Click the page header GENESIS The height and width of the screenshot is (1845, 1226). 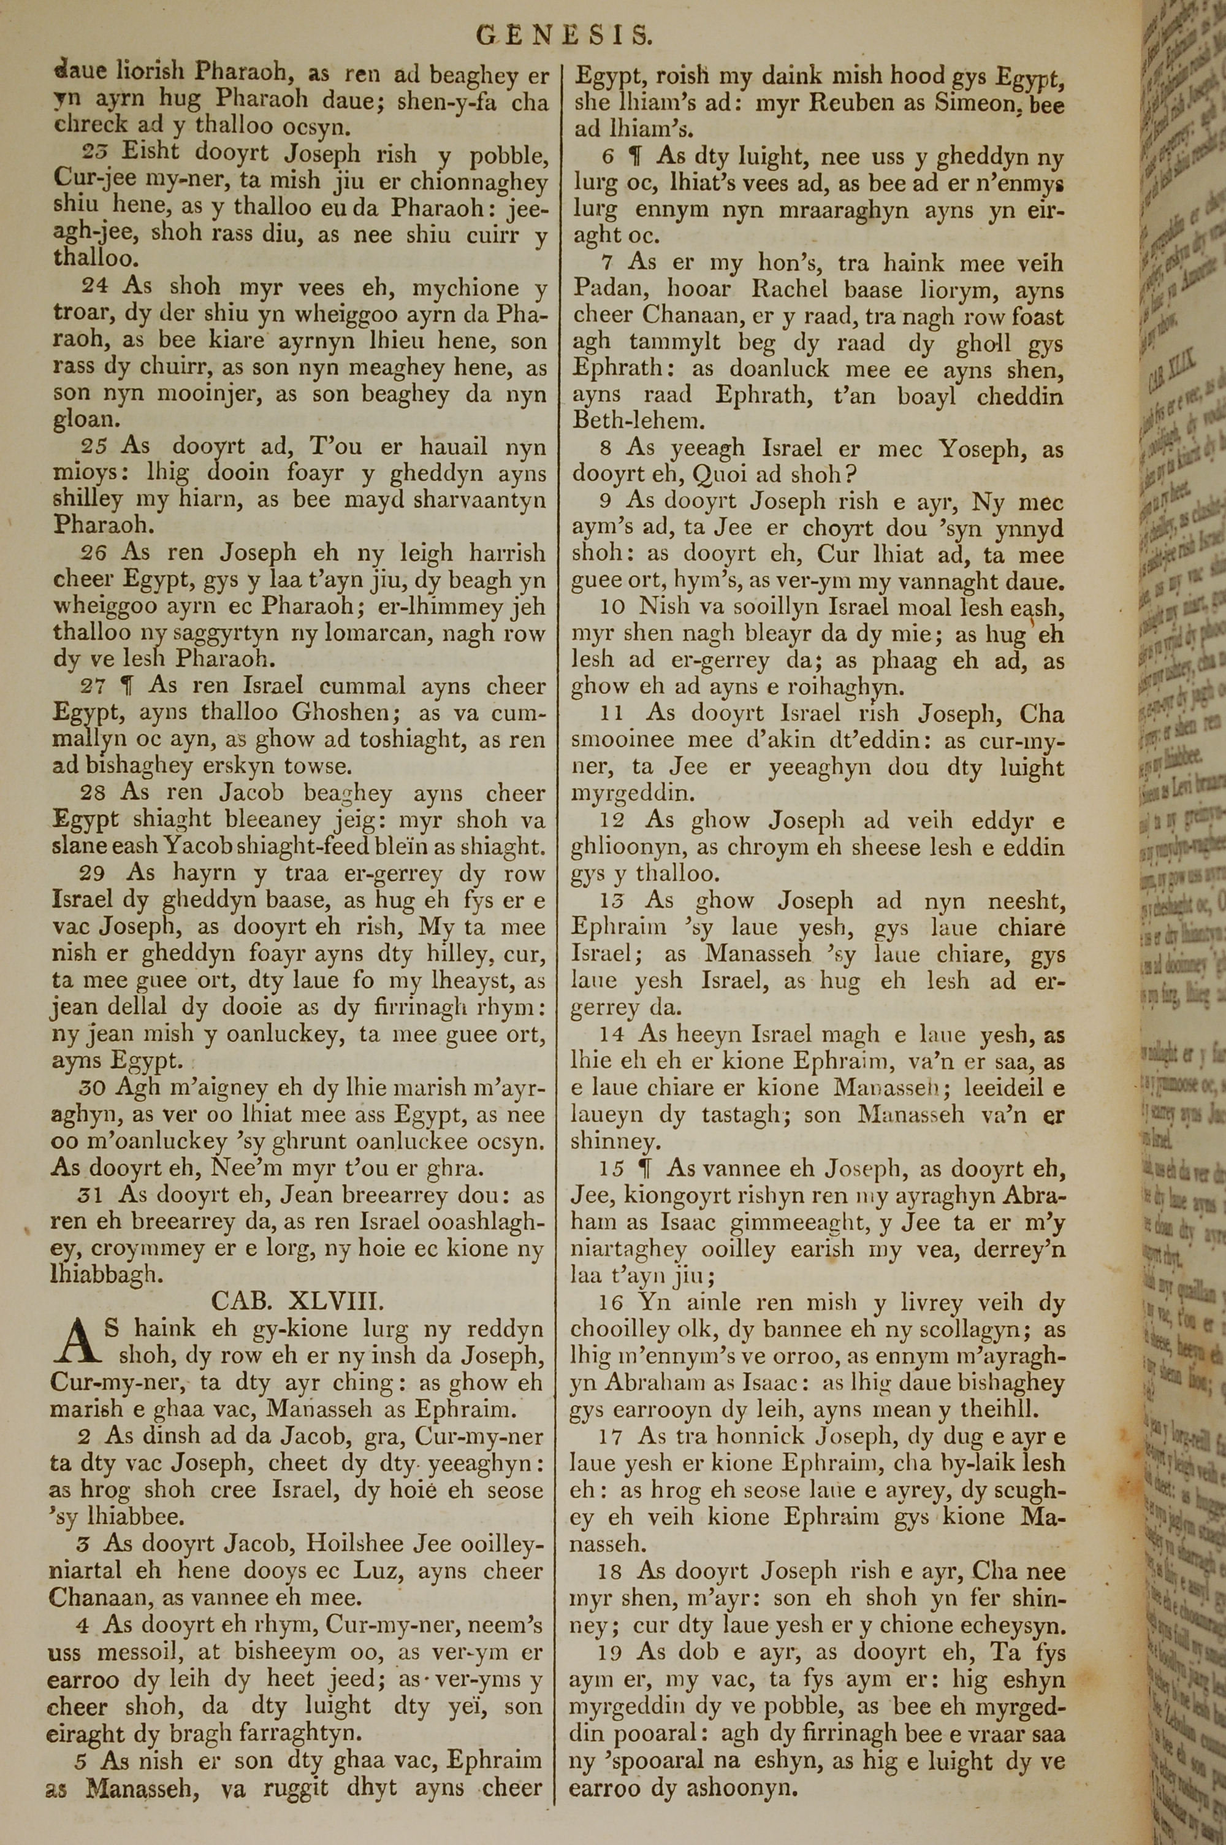click(x=564, y=34)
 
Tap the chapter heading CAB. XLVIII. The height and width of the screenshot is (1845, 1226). click(x=298, y=1301)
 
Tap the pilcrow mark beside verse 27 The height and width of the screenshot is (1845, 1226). click(x=124, y=686)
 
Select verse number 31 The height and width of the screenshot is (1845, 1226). click(x=93, y=1195)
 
